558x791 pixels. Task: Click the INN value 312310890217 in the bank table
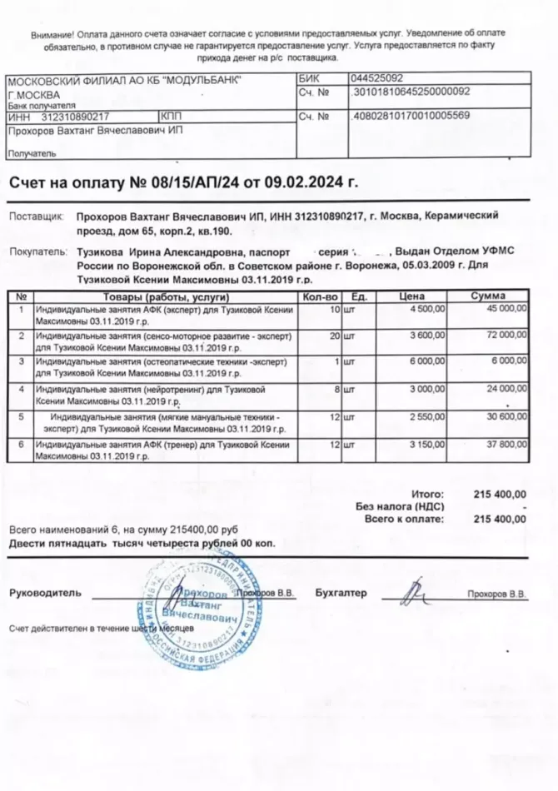coord(76,117)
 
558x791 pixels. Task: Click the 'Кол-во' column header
coord(320,296)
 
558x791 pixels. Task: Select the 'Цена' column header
coord(412,296)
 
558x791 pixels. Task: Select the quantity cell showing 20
coord(335,335)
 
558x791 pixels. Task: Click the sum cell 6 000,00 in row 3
coord(507,361)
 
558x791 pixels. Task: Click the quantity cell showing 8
coord(337,388)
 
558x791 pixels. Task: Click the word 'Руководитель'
coord(45,593)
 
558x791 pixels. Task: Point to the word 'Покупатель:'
coord(37,251)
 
